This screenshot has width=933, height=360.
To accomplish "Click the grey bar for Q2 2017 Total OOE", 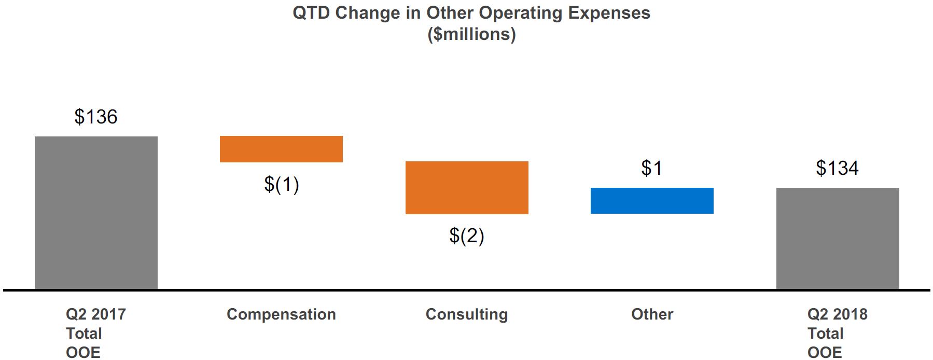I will pos(96,213).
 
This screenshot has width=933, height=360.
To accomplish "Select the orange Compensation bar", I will pos(281,149).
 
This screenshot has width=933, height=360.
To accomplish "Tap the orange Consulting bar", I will pos(467,187).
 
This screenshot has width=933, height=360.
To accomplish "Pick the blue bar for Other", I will pos(652,201).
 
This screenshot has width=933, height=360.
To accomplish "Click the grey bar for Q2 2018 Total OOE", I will pos(838,238).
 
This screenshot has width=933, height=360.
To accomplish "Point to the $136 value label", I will pos(96,117).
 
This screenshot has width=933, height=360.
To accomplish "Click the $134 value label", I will pos(837,168).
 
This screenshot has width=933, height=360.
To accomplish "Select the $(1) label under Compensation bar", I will pos(281,184).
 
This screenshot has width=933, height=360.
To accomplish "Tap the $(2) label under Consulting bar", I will pos(467,236).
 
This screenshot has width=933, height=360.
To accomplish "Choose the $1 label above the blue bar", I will pos(651,168).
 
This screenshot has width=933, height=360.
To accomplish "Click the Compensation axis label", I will pos(281,314).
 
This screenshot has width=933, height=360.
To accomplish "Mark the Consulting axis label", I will pos(467,314).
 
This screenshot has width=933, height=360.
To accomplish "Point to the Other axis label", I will pos(652,314).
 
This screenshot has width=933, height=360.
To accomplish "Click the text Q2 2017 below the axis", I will pos(96,314).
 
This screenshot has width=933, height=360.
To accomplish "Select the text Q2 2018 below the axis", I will pos(837,314).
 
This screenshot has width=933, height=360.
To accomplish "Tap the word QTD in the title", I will pos(311,13).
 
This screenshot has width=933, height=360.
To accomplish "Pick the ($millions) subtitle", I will pos(471,34).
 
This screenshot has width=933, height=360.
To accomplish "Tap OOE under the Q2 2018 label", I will pos(825,353).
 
